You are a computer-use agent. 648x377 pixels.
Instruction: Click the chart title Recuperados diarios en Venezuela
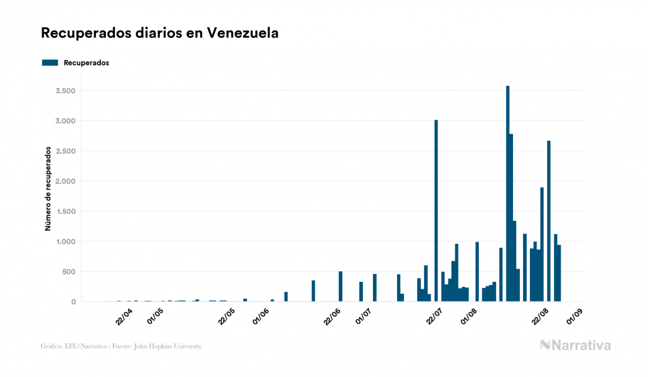point(160,34)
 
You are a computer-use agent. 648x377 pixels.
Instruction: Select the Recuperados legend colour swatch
point(50,63)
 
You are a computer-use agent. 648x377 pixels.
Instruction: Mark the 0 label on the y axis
point(73,302)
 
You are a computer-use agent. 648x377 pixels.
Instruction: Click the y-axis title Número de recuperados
point(48,189)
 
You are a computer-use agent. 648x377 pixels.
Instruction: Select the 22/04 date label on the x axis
point(124,316)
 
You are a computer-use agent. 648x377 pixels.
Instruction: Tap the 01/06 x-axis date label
point(261,316)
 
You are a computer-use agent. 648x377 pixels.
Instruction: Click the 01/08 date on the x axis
point(468,316)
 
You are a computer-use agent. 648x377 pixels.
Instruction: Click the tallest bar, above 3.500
point(507,194)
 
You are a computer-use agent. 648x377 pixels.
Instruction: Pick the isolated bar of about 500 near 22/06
point(341,286)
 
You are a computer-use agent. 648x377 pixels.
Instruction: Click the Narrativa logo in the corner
point(575,345)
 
